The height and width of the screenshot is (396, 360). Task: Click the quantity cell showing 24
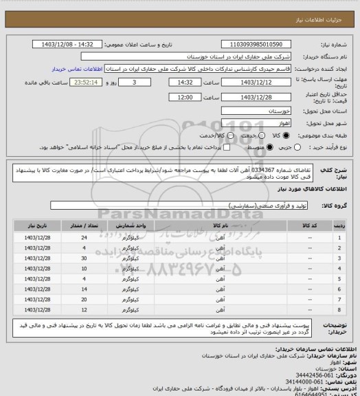coord(84,236)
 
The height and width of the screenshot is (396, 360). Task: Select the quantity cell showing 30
coord(84,258)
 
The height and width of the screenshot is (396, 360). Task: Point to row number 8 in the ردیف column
coord(339,311)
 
